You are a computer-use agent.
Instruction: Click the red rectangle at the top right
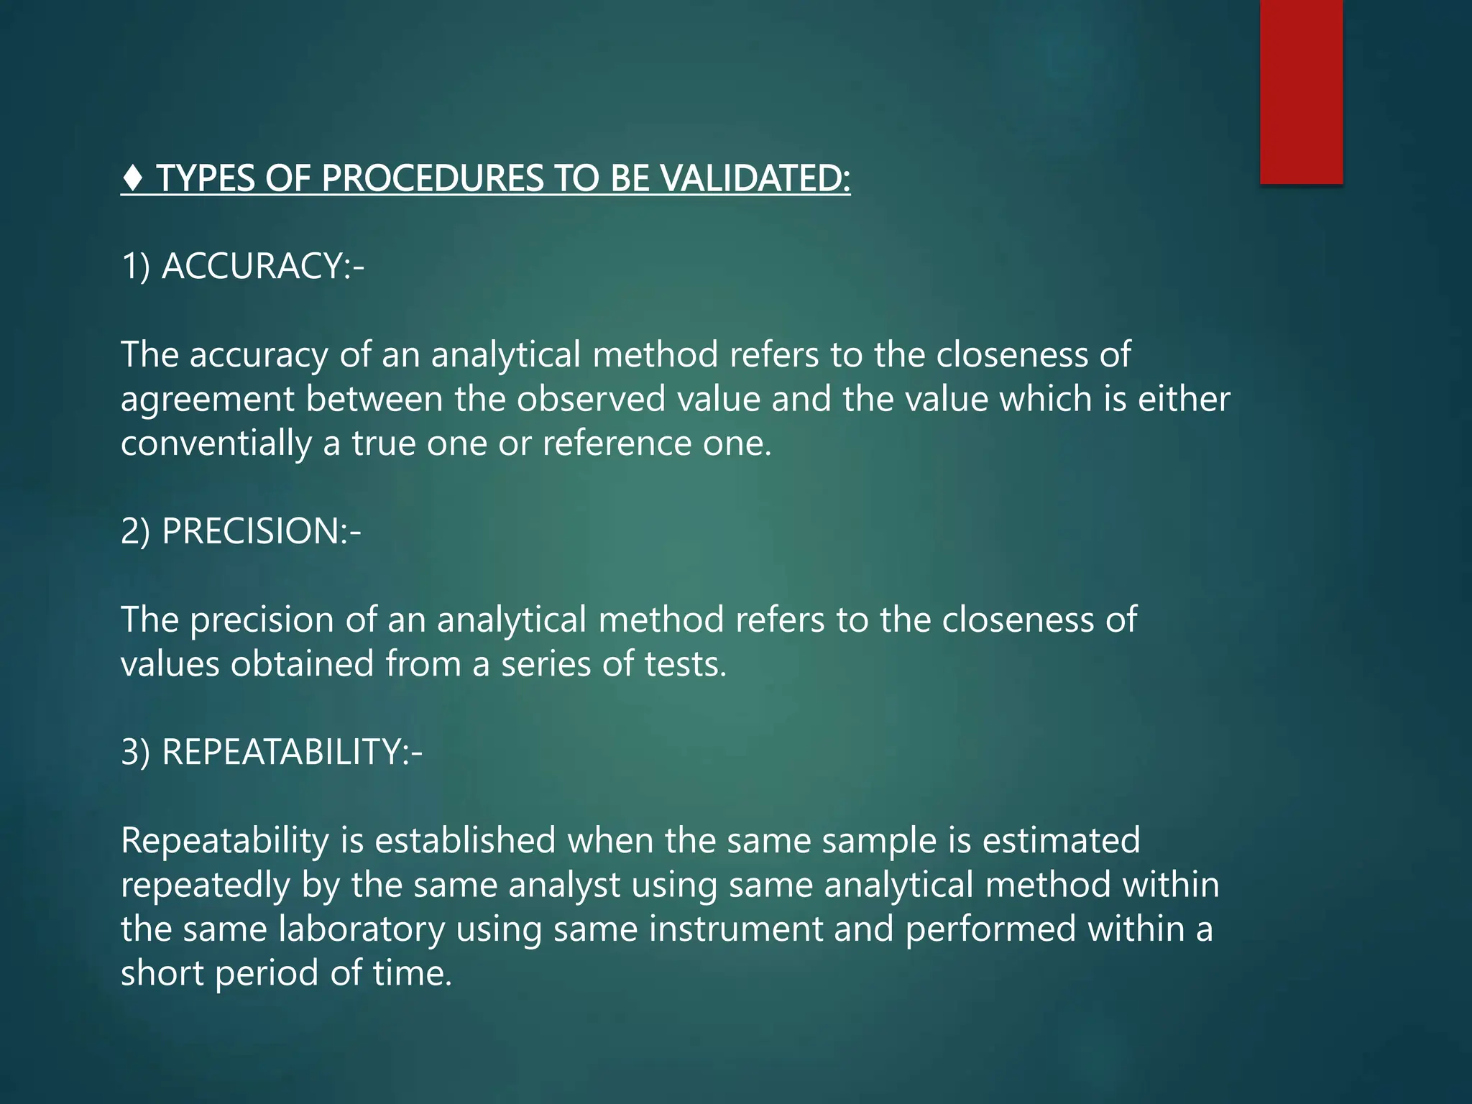(1301, 91)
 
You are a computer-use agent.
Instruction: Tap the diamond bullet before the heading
(134, 178)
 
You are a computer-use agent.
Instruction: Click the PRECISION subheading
(252, 531)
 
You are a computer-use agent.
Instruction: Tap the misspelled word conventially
(216, 443)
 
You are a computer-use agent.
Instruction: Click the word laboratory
(362, 929)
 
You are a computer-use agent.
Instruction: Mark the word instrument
(736, 929)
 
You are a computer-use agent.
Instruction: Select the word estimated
(1061, 840)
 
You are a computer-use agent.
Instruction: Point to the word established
(465, 840)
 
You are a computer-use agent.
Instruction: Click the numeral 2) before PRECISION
(135, 531)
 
